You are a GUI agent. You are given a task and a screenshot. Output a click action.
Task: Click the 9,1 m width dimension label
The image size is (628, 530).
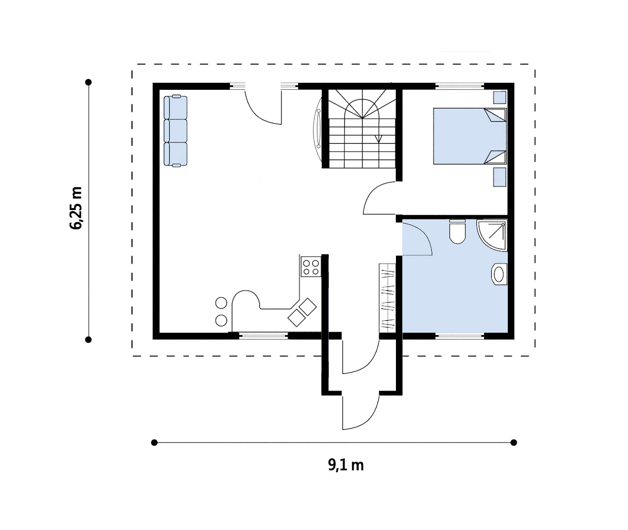click(345, 465)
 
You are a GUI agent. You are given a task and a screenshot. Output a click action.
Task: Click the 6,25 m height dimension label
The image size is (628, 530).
click(76, 208)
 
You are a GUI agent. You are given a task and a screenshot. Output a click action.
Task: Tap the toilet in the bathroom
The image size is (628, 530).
click(457, 231)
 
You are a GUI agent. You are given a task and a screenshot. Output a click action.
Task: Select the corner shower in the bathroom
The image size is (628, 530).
click(492, 235)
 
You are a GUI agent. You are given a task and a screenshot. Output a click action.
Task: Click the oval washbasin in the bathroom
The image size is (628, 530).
click(499, 274)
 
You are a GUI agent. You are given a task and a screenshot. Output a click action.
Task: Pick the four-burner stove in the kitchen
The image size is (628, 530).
click(311, 267)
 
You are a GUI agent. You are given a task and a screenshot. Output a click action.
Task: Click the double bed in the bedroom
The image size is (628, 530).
click(470, 136)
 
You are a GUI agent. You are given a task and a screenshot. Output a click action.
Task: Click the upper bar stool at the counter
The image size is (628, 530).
click(221, 303)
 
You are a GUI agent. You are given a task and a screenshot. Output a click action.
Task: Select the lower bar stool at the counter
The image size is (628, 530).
click(221, 320)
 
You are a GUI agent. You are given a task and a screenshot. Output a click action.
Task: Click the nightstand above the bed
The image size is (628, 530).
click(499, 98)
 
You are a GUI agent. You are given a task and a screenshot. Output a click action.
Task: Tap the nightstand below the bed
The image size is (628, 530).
click(499, 177)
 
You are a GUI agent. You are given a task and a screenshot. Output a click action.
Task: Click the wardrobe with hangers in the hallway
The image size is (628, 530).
click(387, 298)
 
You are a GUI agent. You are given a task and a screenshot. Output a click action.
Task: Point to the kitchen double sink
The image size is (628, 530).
click(302, 312)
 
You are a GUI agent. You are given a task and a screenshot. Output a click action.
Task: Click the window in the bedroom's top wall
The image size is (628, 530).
click(460, 86)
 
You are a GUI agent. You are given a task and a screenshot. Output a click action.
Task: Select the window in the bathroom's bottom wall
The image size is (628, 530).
click(460, 336)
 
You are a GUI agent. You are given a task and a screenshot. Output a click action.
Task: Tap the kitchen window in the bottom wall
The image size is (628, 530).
click(263, 336)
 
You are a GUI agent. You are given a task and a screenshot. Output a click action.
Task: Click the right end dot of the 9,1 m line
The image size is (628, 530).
click(514, 443)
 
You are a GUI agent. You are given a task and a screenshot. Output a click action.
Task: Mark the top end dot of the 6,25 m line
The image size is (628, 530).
click(88, 82)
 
